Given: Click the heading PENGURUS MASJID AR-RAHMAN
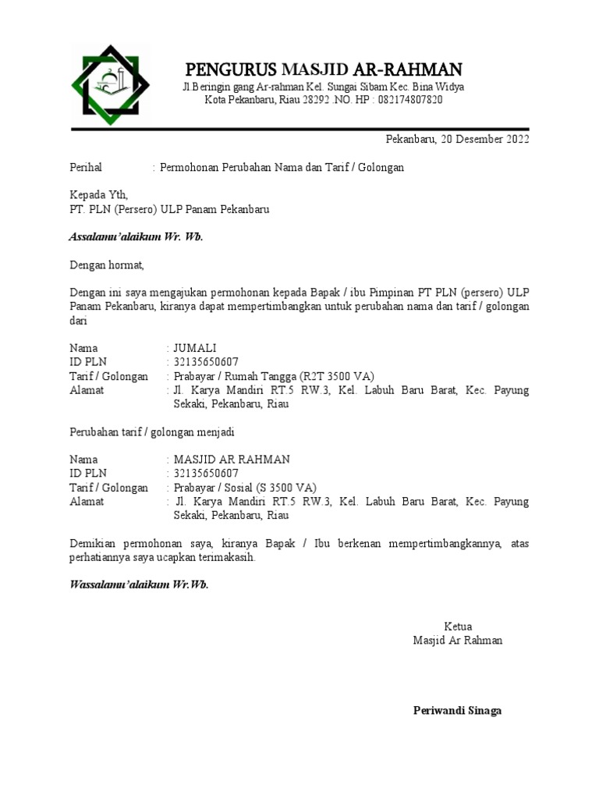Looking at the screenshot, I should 323,69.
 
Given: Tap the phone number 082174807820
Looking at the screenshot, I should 409,100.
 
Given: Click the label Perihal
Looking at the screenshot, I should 86,168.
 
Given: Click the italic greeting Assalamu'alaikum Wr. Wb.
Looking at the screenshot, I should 136,237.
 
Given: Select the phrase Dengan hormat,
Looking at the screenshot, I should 108,265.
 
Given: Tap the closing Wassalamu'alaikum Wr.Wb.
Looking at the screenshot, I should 140,584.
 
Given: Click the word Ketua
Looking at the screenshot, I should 458,627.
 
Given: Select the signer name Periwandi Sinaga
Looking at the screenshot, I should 457,711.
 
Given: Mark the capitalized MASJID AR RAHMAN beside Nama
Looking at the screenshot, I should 232,460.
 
